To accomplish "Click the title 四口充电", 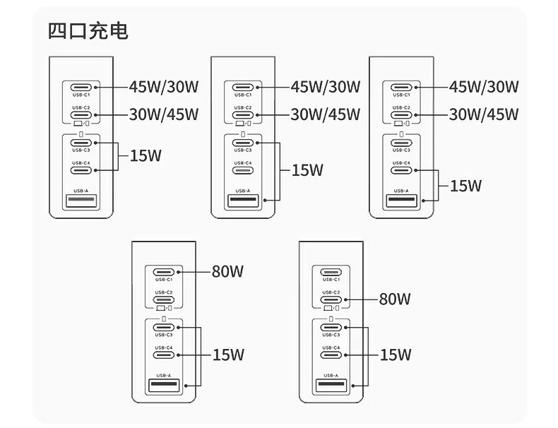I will point(88,31).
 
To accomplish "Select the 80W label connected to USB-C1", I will point(227,271).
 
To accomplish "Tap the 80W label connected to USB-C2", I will point(395,299).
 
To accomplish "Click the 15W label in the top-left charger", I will point(146,155).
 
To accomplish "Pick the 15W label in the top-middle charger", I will point(307,170).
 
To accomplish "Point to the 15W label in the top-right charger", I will point(465,186).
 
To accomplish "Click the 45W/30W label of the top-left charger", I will point(164,87).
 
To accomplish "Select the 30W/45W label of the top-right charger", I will point(484,114).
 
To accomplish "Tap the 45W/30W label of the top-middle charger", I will point(326,87).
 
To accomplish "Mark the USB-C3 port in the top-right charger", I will point(401,142).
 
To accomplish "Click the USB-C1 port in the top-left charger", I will point(81,87).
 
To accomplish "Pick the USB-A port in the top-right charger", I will point(401,201).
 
